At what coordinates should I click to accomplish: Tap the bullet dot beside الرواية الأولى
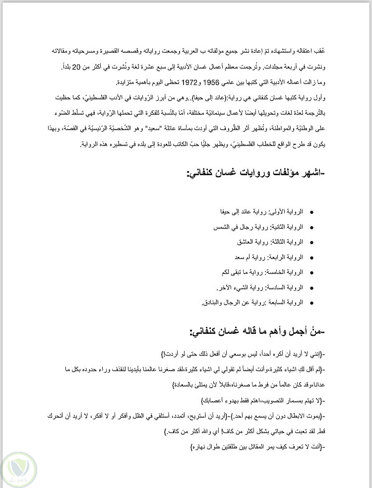311,212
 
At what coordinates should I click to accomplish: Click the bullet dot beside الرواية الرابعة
311,258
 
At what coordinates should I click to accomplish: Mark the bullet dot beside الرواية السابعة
311,303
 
